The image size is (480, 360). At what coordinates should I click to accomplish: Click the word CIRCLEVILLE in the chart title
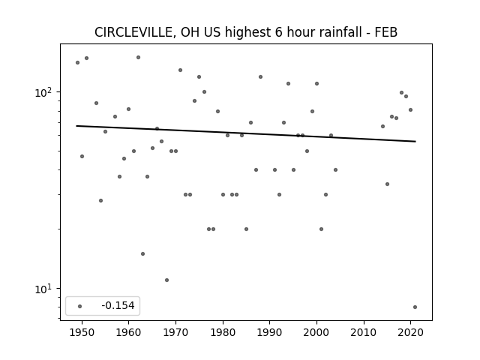[134, 32]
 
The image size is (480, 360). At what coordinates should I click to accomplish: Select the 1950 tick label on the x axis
[82, 332]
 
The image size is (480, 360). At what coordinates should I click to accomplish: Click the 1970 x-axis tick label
[175, 332]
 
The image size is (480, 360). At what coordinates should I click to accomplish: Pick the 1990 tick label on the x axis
[270, 332]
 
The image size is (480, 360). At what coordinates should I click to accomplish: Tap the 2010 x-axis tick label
[364, 332]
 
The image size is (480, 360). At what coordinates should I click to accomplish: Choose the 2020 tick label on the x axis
[411, 332]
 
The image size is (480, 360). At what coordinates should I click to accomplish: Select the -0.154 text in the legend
[118, 305]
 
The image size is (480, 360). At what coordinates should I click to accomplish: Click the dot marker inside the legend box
[80, 306]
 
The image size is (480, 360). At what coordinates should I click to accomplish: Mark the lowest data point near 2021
[415, 307]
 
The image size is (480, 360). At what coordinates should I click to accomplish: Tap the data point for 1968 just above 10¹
[166, 280]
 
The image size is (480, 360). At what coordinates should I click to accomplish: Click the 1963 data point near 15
[143, 253]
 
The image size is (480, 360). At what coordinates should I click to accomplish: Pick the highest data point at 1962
[138, 57]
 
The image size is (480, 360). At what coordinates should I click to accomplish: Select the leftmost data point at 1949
[78, 62]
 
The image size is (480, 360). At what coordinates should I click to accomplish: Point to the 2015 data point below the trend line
[387, 184]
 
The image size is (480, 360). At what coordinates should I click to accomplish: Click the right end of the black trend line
[415, 142]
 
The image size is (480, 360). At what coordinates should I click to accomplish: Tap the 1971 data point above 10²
[180, 70]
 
